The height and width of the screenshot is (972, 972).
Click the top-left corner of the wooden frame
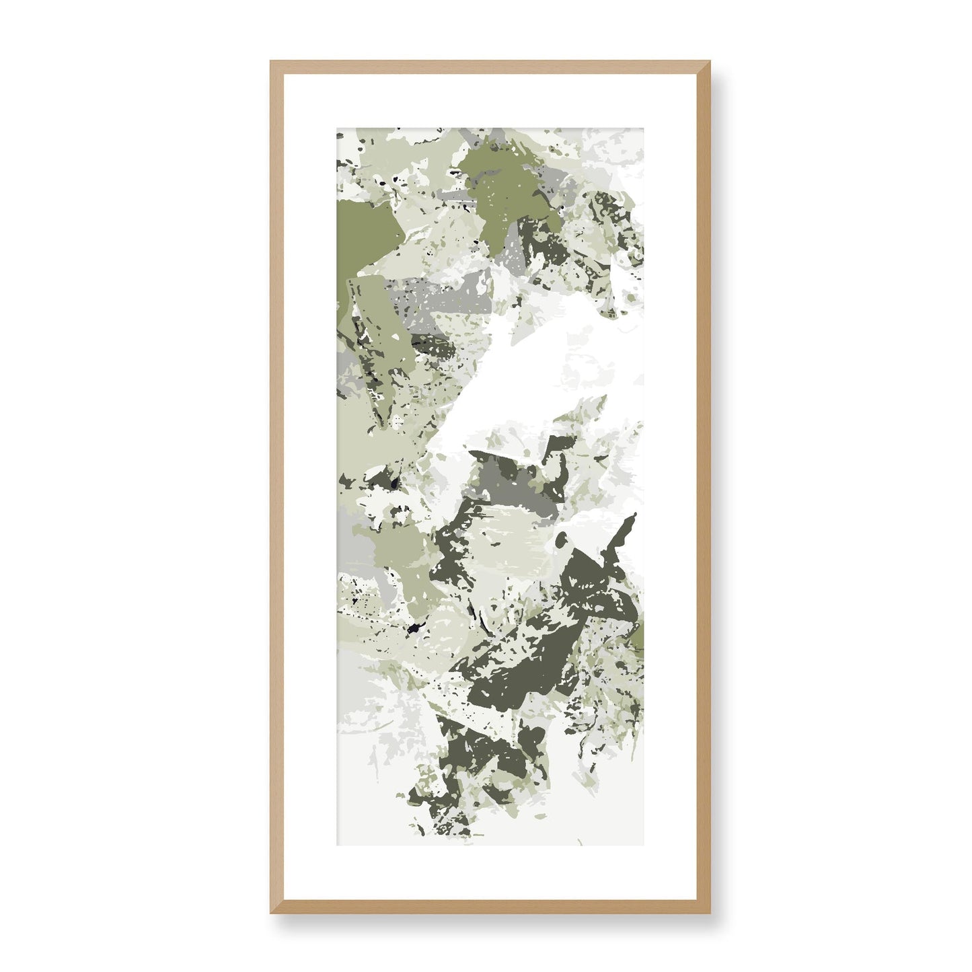tap(271, 62)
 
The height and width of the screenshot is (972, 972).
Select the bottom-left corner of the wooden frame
tap(271, 913)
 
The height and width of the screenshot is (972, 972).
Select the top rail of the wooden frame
tap(490, 67)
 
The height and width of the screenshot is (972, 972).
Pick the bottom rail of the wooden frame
tap(490, 907)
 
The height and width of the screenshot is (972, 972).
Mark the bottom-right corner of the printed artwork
tap(644, 845)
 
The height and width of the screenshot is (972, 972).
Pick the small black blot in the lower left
tap(412, 630)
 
